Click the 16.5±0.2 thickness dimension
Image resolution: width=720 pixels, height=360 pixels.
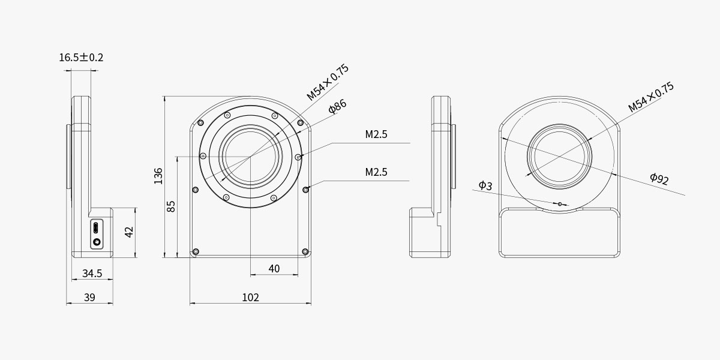[81, 58]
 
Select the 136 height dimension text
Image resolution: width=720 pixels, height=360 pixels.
[158, 176]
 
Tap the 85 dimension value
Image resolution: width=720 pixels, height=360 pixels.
[171, 206]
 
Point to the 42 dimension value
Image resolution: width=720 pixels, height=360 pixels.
[129, 232]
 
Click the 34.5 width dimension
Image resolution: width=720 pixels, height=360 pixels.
[92, 274]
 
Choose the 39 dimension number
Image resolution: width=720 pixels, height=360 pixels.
[89, 298]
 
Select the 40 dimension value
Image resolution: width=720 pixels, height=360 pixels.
[274, 269]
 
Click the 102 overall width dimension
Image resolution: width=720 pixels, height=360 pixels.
[250, 298]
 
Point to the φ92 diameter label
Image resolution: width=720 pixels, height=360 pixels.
[659, 178]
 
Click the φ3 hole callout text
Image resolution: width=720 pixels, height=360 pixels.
[485, 185]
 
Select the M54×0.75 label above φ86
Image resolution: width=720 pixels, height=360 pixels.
[327, 82]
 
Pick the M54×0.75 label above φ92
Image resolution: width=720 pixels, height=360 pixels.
[651, 97]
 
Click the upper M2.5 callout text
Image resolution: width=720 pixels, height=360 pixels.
[376, 134]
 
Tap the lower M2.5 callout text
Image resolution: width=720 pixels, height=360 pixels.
[376, 172]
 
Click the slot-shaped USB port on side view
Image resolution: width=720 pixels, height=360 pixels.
[96, 229]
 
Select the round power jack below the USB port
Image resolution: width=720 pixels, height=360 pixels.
[96, 242]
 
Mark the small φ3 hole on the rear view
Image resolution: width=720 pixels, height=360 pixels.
[560, 204]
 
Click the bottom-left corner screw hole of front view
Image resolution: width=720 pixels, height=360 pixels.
[195, 251]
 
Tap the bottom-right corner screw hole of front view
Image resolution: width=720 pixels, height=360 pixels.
[305, 251]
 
